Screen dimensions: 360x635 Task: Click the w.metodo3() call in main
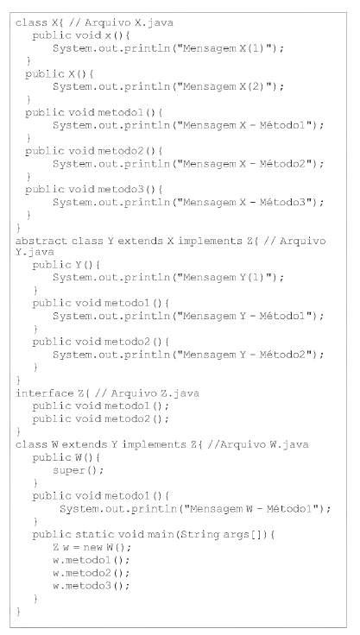pyautogui.click(x=91, y=586)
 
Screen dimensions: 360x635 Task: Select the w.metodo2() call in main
pyautogui.click(x=91, y=573)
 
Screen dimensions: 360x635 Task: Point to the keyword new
pyautogui.click(x=93, y=548)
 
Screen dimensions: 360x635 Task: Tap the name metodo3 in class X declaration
pyautogui.click(x=121, y=189)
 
